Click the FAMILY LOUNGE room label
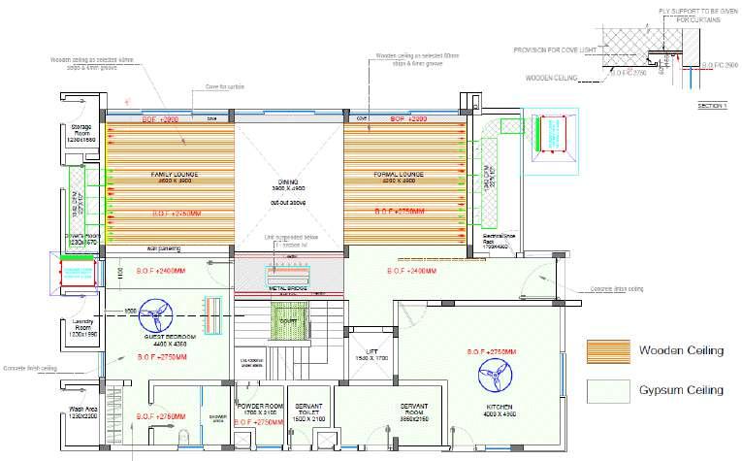[173, 175]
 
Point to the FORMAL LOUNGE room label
[395, 175]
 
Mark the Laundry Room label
[83, 327]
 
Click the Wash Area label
[83, 411]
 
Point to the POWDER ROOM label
[260, 406]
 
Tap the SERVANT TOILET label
[308, 409]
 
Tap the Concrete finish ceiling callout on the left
[28, 369]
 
